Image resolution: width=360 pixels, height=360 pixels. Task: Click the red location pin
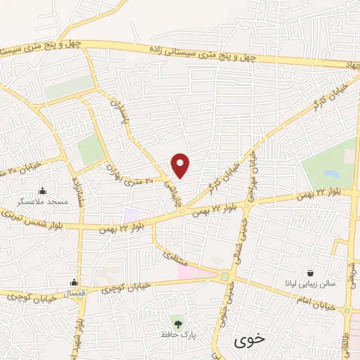pos(181,165)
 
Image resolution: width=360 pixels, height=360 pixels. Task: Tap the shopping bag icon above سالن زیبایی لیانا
pos(310,273)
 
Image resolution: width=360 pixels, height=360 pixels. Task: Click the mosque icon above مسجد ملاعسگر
pos(43,190)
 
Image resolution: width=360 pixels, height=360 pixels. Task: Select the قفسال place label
pos(73,293)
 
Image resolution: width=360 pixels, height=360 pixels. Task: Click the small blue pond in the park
pos(329,173)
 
